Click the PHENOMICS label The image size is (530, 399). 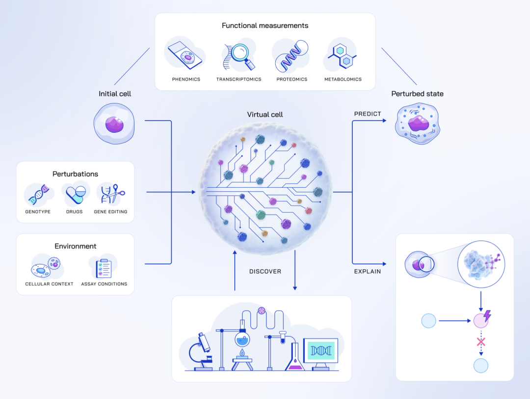[186, 79]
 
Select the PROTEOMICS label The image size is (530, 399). [291, 79]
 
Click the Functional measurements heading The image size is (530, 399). [265, 25]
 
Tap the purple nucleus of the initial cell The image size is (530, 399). [114, 124]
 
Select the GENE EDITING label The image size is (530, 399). [110, 212]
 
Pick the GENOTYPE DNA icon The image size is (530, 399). [38, 195]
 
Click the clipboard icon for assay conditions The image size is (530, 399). [104, 268]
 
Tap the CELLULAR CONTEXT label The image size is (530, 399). [49, 284]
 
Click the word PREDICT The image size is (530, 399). [368, 114]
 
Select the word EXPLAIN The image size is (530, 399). [368, 272]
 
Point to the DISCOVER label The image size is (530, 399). [265, 272]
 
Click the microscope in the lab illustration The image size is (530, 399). [201, 350]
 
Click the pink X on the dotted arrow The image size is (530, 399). [481, 342]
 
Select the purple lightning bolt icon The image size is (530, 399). [487, 316]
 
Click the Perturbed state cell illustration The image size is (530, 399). [418, 123]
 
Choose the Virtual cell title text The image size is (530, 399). [265, 115]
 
